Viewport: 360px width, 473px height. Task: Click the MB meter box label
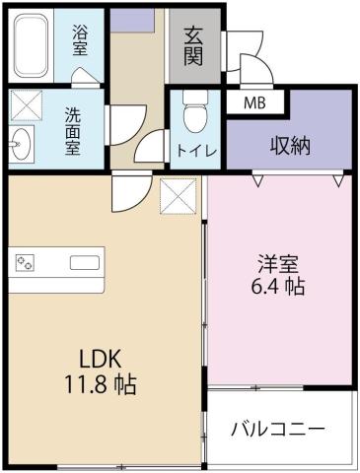coord(254,101)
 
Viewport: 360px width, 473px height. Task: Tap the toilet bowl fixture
coord(193,113)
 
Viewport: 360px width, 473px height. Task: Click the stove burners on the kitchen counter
coord(25,262)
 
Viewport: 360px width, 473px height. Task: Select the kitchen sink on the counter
coord(83,262)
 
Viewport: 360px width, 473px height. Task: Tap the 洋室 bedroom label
coord(279,264)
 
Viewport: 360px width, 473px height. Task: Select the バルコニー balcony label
coord(278,430)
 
